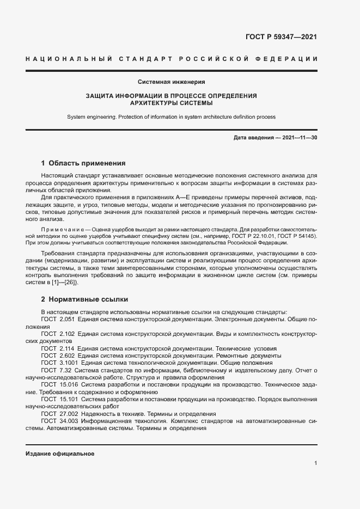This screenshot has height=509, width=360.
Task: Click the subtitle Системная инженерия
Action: pos(171,82)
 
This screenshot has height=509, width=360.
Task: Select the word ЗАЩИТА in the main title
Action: pos(102,96)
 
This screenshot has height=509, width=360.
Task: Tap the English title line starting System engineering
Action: pos(171,116)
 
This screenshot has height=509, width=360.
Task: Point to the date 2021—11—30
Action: pos(300,138)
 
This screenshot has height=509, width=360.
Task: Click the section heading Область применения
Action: pos(87,163)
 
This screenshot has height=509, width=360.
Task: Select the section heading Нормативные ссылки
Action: pos(87,299)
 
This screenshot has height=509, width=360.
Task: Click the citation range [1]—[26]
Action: pos(65,283)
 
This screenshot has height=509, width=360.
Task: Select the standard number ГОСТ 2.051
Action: pos(58,320)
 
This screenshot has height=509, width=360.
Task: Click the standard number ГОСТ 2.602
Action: pos(58,355)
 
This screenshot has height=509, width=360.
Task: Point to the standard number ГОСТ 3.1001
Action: pos(59,362)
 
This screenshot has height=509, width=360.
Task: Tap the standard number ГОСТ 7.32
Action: pos(56,370)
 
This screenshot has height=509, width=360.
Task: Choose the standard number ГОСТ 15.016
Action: pos(59,384)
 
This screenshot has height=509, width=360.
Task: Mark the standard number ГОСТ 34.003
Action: pos(59,421)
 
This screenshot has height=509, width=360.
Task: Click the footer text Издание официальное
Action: pos(60,453)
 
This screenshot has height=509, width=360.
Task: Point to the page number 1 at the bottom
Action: pos(315,463)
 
